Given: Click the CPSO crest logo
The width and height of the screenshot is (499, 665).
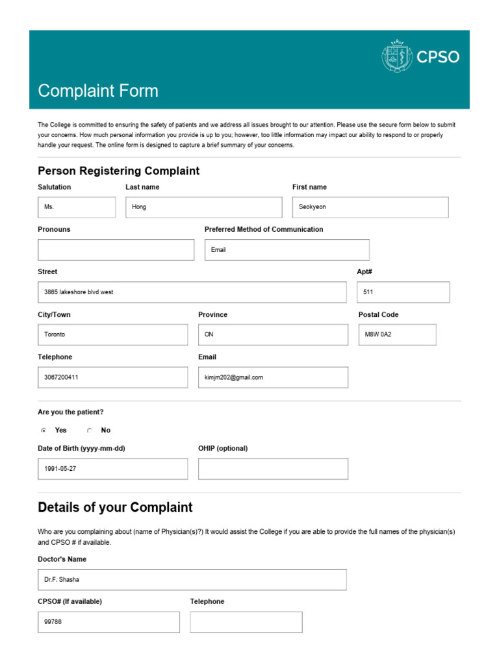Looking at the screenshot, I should (x=396, y=56).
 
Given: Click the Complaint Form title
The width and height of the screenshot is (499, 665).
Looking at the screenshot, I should (x=98, y=90).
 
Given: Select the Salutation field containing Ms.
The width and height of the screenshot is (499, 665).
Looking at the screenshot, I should (x=77, y=207).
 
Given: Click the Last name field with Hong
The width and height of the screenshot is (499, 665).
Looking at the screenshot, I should (x=203, y=207).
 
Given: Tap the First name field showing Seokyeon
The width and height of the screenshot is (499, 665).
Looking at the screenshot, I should (x=370, y=207).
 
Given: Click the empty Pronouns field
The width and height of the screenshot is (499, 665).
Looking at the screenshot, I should (x=116, y=249).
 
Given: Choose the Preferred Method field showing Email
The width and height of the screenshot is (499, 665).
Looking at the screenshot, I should (x=287, y=249).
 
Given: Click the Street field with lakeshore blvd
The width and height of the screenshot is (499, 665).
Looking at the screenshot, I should (x=192, y=292).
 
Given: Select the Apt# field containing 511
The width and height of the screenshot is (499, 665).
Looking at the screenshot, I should (x=403, y=292).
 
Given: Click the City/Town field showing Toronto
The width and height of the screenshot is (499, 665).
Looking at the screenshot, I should (x=112, y=334).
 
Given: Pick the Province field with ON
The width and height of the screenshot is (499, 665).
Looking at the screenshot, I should (x=273, y=334).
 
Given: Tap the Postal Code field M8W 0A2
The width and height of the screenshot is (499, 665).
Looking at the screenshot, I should (x=397, y=334).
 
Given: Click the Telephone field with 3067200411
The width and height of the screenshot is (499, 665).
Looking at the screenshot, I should (x=112, y=377).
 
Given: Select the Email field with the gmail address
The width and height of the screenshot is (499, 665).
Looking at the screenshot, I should (x=273, y=377).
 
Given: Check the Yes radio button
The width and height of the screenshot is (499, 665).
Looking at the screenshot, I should (x=44, y=431).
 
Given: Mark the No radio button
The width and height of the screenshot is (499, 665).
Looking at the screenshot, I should (x=90, y=431).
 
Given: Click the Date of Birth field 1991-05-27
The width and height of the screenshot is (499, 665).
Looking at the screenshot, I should (x=112, y=469).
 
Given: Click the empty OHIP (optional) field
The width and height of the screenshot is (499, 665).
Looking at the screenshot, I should (x=273, y=469).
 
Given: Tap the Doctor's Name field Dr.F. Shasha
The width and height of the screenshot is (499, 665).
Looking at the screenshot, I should (x=192, y=579).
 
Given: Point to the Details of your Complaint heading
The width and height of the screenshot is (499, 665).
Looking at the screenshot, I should (x=115, y=507).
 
